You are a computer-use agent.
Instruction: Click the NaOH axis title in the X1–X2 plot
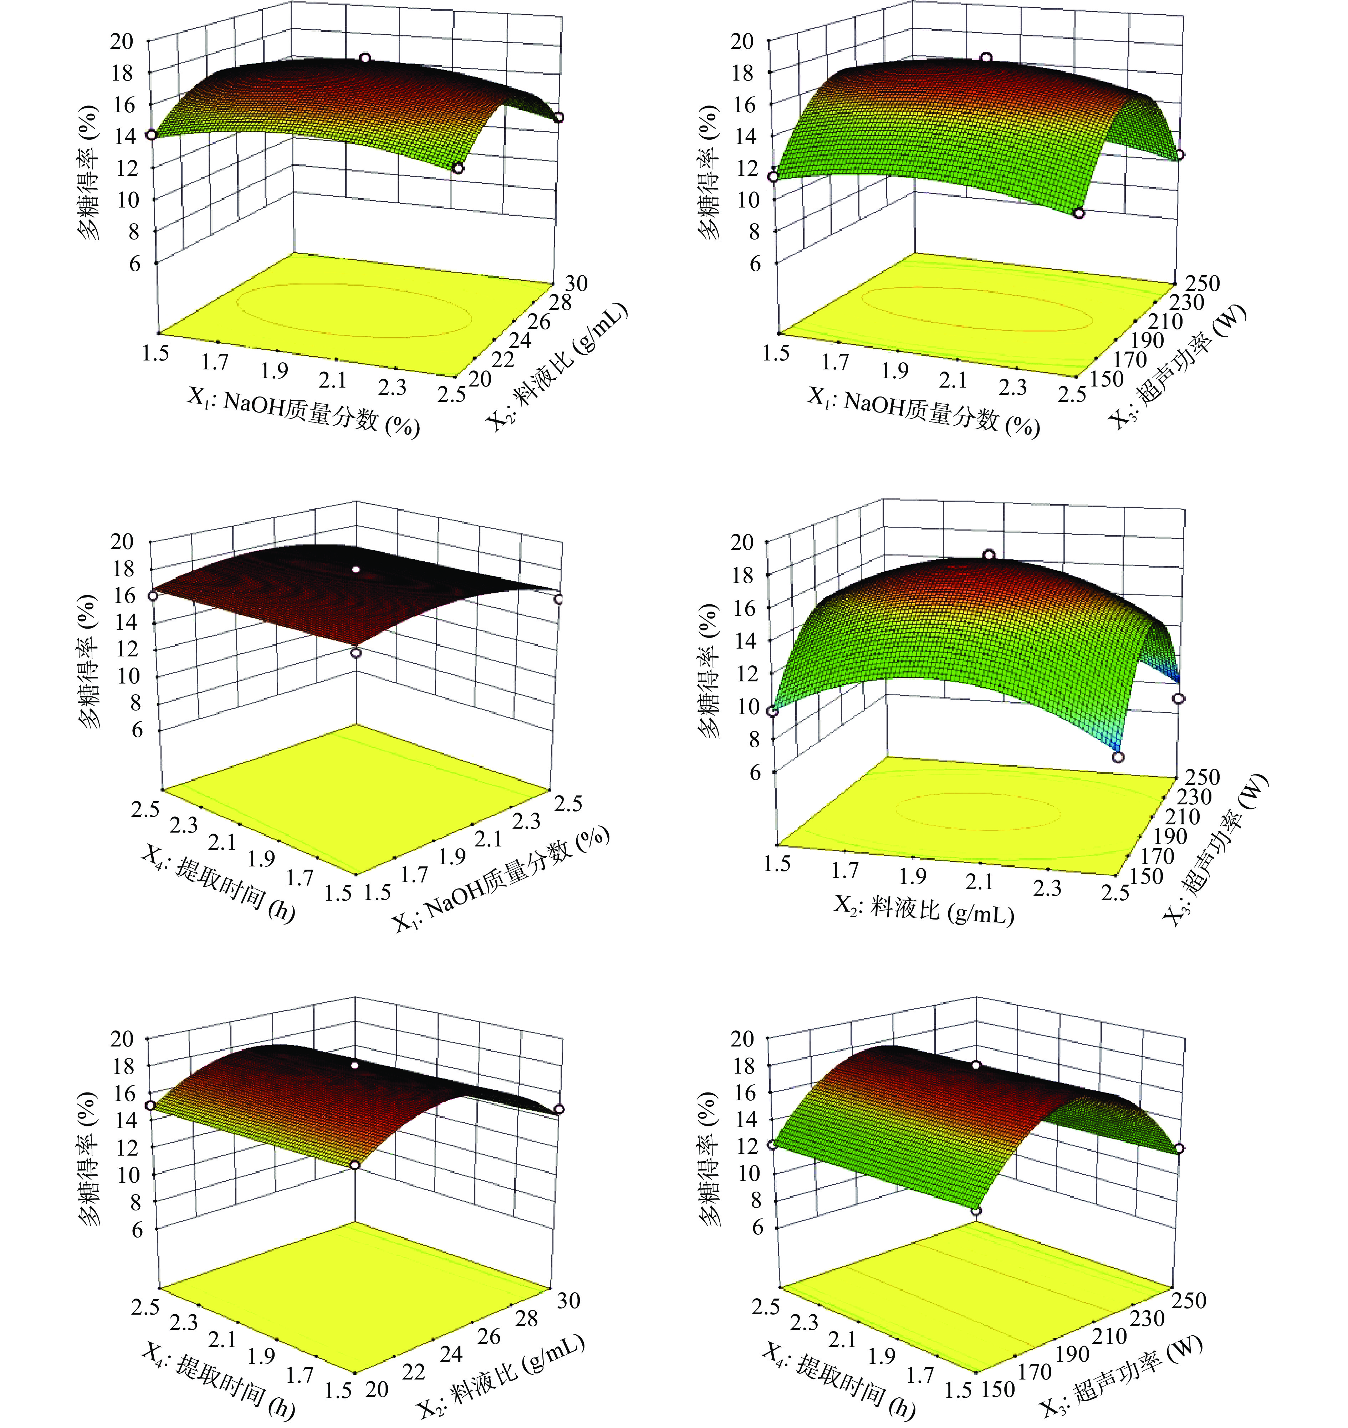click(x=303, y=413)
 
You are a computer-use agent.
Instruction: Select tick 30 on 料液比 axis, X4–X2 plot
click(x=568, y=1300)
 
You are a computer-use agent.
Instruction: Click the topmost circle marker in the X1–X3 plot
click(x=986, y=57)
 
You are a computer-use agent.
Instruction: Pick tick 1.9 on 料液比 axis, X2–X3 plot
click(x=912, y=876)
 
